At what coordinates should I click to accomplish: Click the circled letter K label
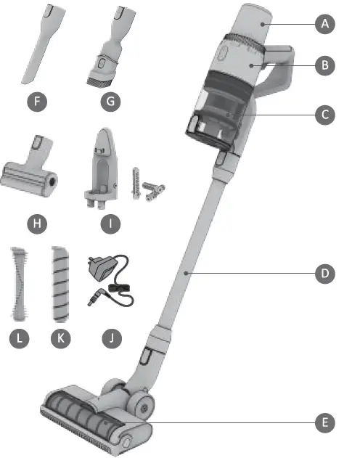point(61,338)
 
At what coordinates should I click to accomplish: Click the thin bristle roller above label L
point(21,283)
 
